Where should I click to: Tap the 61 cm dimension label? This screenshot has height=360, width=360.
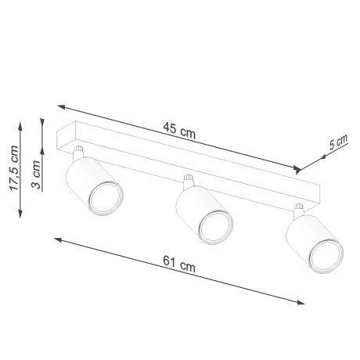180,268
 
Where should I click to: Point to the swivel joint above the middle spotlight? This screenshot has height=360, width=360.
188,182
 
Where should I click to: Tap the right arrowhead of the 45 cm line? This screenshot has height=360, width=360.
298,168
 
